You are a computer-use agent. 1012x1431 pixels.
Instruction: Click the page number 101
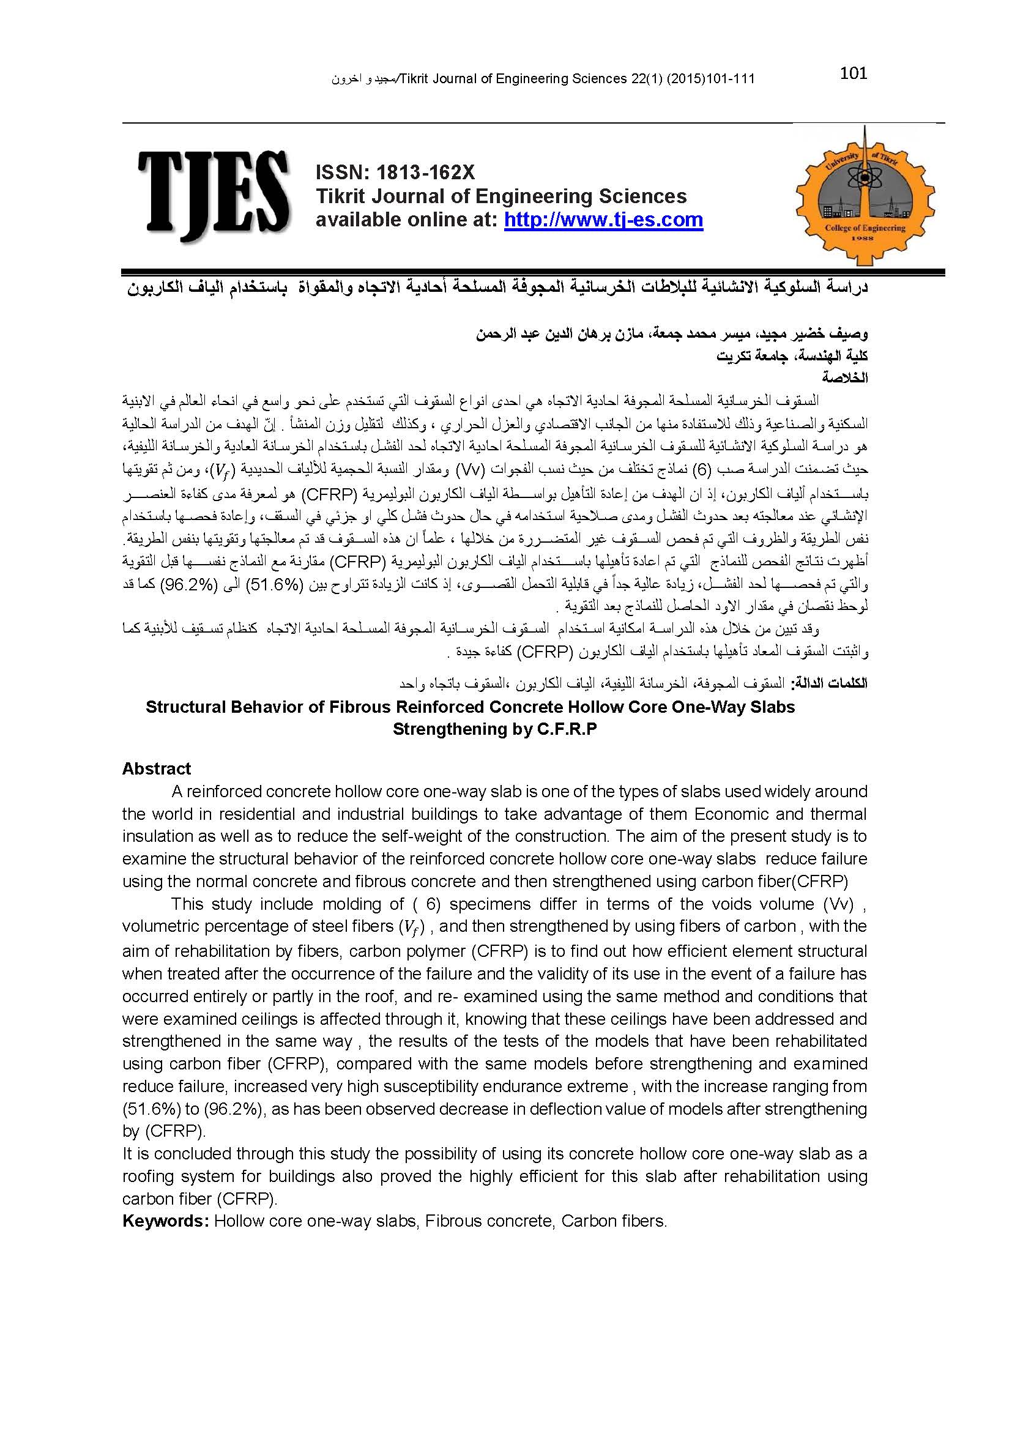(853, 73)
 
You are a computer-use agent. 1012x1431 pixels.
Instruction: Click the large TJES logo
(214, 196)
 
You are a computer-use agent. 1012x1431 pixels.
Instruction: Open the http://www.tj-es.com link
(603, 220)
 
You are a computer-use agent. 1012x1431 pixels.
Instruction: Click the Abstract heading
(157, 769)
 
